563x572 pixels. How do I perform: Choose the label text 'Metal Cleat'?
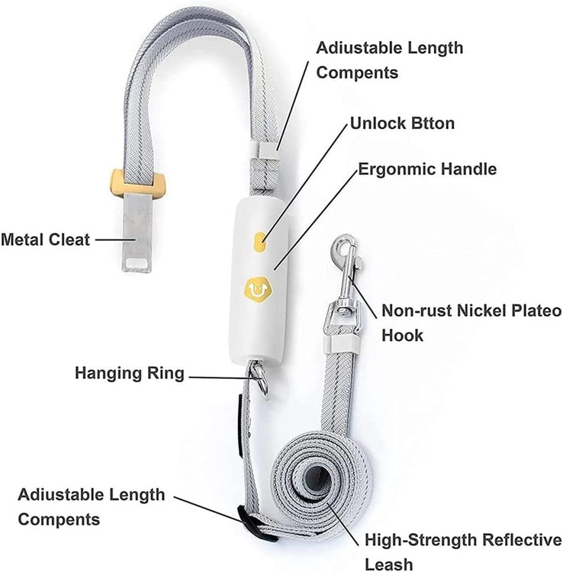pyautogui.click(x=45, y=239)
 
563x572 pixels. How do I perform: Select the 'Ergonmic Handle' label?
pyautogui.click(x=427, y=169)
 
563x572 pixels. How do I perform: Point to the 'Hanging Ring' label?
pyautogui.click(x=129, y=374)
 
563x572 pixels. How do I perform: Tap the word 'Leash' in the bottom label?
pyautogui.click(x=388, y=564)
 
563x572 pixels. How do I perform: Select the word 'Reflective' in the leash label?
pyautogui.click(x=519, y=541)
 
